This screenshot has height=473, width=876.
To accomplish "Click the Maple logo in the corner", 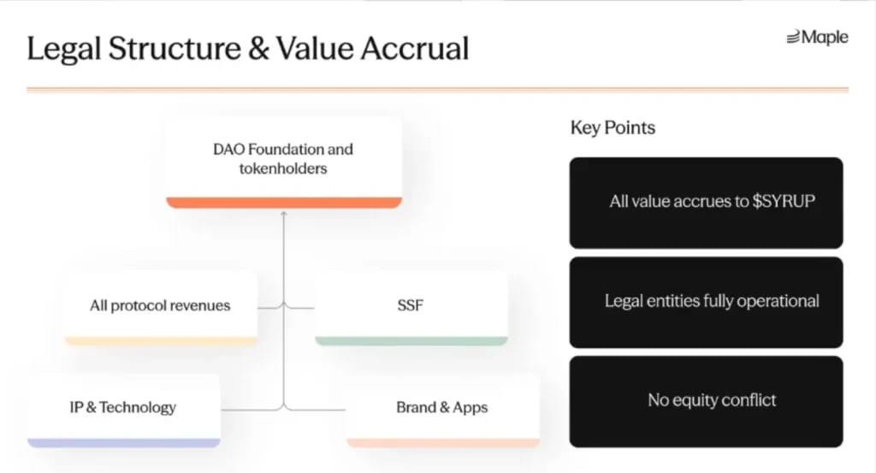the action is pos(817,38).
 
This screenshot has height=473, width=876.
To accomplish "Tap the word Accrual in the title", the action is pos(415,48).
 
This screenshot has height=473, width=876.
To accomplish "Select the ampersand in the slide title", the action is pos(258,49).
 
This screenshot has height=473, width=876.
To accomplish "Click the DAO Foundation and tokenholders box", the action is pos(284,163).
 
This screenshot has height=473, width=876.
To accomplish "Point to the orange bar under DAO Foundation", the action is pos(284,203).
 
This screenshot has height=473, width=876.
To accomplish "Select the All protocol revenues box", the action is pos(161,308).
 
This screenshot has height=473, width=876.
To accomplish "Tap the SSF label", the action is pos(411,305).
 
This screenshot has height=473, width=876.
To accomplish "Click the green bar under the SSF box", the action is pos(411,340).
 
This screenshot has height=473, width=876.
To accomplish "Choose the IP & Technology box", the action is pos(123,411).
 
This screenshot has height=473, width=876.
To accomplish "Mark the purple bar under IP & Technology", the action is pos(123,443).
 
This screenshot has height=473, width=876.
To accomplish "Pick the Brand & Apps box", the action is pos(443,411).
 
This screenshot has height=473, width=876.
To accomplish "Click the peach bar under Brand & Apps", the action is pos(443,443).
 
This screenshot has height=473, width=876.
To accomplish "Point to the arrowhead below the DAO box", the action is pos(284,213).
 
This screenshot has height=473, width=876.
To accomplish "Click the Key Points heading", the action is pos(613,128).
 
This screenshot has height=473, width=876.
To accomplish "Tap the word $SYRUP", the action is pos(784,201).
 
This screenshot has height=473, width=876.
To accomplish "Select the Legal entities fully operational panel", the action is pos(706,302).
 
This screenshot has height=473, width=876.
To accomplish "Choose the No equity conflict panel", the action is pos(706,401).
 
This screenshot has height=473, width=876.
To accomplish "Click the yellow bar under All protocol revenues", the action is pos(161,340).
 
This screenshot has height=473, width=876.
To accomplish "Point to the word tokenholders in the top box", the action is pos(283,169).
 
